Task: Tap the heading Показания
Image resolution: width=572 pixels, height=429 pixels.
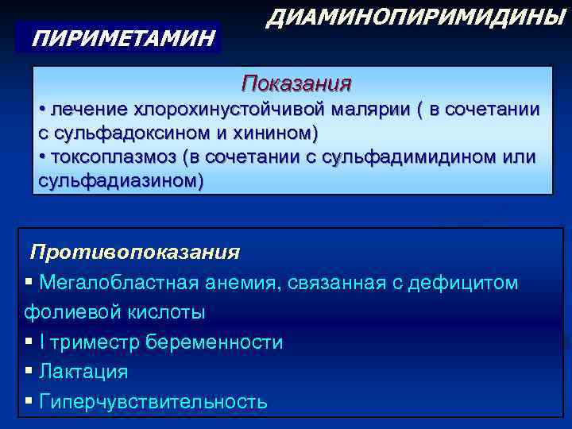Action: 296,83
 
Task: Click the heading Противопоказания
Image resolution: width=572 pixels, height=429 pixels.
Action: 134,253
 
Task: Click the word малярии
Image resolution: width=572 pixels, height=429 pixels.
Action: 365,109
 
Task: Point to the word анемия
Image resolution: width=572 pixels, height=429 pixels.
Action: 240,282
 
